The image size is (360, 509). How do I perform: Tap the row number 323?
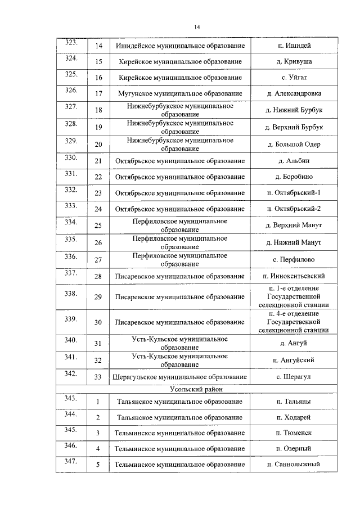click(71, 43)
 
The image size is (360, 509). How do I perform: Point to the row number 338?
click(71, 294)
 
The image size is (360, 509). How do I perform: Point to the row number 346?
click(71, 445)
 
